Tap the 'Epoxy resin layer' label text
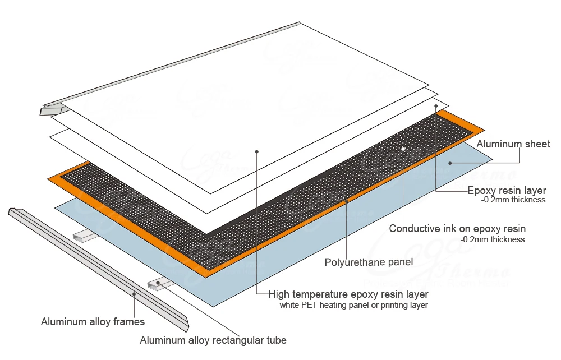pos(507,191)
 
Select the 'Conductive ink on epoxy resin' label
pos(457,229)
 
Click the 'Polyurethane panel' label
pos(369,262)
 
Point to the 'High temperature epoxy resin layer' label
pos(348,294)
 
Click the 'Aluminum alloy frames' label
pos(93,322)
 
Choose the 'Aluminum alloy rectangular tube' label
pos(213,340)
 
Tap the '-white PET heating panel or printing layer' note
pos(352,306)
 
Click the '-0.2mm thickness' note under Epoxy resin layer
pos(513,200)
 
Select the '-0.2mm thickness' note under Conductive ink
pos(493,239)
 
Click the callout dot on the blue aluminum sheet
pos(450,163)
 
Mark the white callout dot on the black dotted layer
pos(403,149)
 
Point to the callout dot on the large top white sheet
pos(256,151)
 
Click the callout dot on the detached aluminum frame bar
pos(134,293)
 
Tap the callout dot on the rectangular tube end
pos(158,283)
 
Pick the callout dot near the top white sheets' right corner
pos(436,105)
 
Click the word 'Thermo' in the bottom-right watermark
pos(477,272)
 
